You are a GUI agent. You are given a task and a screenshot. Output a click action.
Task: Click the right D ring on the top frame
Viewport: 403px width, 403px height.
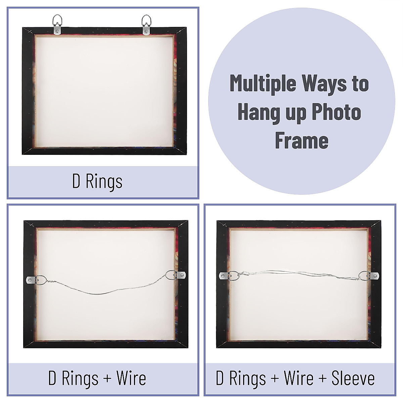146,25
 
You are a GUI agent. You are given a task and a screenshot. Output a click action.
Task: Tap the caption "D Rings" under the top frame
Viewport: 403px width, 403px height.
97,181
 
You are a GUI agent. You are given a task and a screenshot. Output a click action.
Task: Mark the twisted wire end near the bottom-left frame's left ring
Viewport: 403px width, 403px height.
50,282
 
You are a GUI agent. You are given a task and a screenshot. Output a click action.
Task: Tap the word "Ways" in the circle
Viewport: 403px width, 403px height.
323,84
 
